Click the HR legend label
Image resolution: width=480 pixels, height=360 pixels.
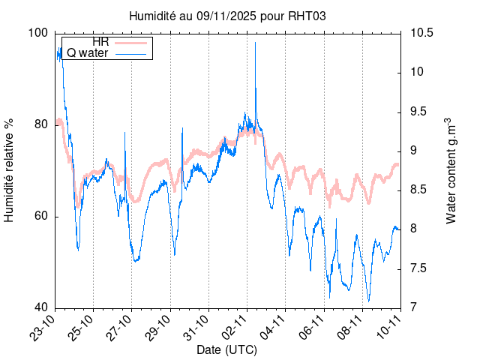click(100, 41)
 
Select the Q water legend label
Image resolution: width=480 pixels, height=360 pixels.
click(88, 53)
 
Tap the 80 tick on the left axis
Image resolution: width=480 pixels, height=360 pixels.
click(40, 124)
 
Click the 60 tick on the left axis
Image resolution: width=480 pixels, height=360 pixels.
click(40, 216)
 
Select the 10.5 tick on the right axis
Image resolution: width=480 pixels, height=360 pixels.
click(420, 33)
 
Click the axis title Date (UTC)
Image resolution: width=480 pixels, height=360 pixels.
click(227, 350)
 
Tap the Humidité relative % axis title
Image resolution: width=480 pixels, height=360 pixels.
click(10, 170)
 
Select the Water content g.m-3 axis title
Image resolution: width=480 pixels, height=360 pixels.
click(451, 170)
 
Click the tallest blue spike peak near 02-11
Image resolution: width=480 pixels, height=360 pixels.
click(256, 43)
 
